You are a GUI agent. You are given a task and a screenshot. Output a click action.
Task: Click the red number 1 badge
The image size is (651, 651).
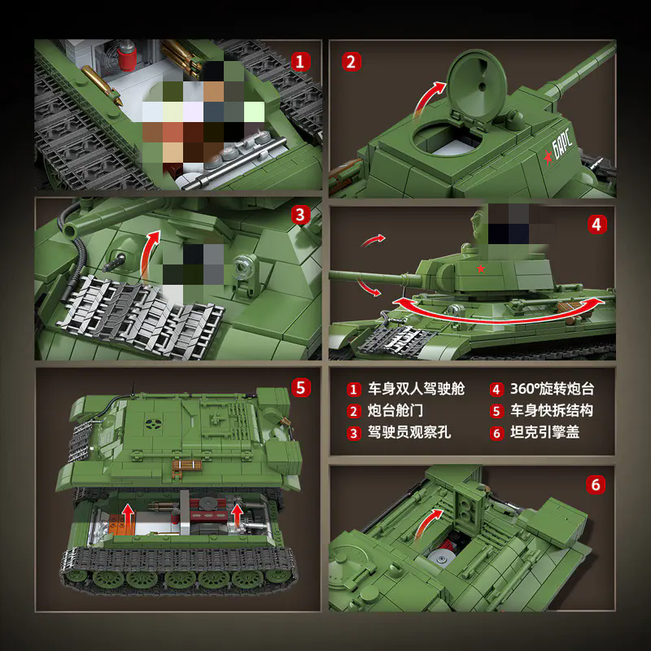pos(301,61)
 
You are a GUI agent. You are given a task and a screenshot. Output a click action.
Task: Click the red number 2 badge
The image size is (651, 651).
pos(352,61)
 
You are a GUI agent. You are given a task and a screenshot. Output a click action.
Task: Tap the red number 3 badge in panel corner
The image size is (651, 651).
pos(301,216)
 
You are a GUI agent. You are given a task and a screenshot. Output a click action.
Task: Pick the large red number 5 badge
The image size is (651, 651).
pos(301,387)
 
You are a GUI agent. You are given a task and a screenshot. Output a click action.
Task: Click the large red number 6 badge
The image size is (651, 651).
pos(596,485)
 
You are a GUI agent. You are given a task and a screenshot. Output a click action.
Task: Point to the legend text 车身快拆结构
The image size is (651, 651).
pos(552,411)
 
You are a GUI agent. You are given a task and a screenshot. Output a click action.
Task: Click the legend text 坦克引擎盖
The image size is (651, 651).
pos(545,433)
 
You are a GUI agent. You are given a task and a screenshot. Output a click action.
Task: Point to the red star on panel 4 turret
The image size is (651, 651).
pos(481,269)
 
